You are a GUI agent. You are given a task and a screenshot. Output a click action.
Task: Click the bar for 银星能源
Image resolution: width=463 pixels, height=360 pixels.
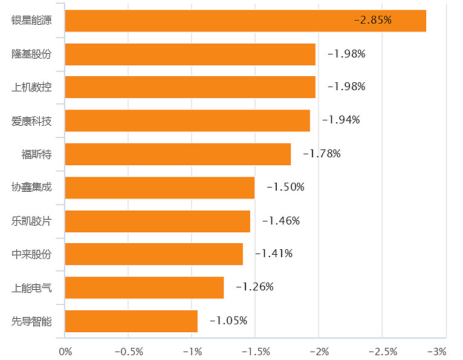point(245,21)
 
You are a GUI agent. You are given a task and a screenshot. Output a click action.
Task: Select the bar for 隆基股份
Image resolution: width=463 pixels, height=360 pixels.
point(190,54)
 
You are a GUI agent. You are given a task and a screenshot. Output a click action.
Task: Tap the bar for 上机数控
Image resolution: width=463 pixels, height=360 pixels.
point(190,87)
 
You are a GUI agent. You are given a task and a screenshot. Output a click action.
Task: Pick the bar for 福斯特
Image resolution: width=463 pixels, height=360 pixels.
point(178,154)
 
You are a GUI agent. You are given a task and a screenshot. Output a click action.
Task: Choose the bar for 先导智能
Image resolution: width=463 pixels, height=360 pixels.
point(131,321)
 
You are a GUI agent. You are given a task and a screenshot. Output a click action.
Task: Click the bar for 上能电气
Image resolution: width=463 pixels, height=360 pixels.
point(144,287)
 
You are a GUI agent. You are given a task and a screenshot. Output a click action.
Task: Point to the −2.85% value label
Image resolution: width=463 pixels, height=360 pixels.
point(373,20)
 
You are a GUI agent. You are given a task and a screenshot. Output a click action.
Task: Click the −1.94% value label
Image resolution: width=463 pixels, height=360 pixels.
point(341,120)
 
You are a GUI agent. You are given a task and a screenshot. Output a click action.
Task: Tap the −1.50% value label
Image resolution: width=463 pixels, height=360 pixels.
point(285,187)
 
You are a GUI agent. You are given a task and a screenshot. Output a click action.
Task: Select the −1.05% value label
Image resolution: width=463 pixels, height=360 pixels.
point(228,321)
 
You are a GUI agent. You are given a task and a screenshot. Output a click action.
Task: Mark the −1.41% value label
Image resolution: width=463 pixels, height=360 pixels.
point(274,254)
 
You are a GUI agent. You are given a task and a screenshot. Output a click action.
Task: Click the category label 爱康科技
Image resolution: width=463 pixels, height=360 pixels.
point(32,120)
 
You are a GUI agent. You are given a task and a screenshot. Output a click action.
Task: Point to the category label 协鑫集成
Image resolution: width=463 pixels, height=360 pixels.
point(32,187)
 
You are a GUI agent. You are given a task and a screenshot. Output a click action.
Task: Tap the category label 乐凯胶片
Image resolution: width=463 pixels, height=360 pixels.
point(32,220)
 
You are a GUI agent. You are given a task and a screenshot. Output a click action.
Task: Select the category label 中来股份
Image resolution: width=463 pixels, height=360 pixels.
point(32,254)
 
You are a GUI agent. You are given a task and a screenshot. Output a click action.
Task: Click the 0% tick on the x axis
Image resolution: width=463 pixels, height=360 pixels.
point(65,351)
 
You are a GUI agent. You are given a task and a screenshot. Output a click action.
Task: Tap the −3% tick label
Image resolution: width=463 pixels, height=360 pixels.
point(436,351)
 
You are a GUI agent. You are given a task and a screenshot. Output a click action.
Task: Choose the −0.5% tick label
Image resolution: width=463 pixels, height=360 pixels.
point(128,351)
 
